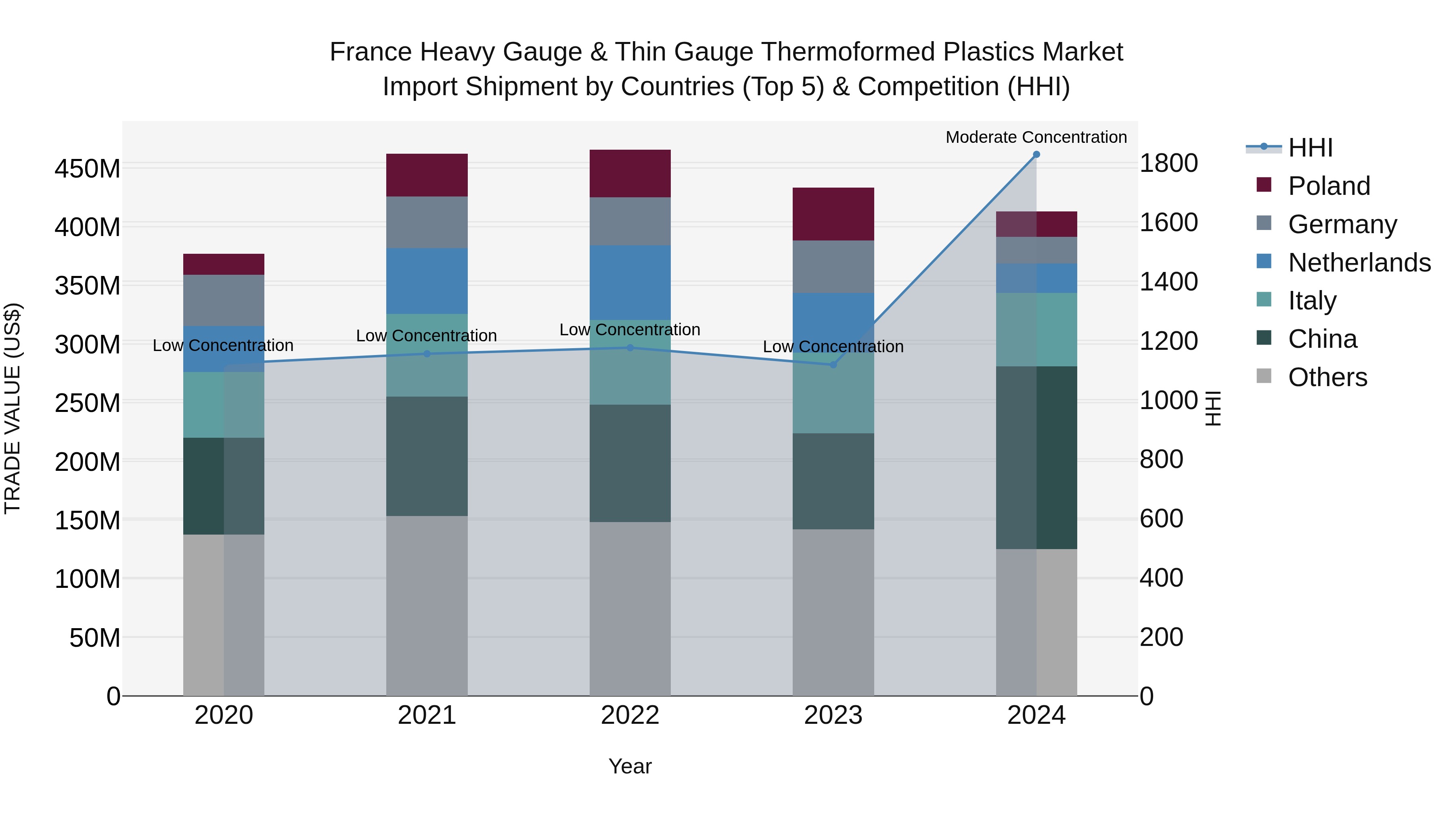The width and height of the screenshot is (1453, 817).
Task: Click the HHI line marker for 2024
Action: point(1036,155)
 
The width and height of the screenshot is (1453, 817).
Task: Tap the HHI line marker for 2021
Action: point(427,354)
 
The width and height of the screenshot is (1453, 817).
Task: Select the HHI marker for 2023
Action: point(833,365)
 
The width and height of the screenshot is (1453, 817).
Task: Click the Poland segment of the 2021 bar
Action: point(427,175)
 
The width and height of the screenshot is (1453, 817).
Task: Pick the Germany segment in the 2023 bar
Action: point(833,267)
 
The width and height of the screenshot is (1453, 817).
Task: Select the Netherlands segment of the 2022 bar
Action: point(630,282)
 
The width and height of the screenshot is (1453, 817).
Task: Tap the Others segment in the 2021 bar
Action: point(427,606)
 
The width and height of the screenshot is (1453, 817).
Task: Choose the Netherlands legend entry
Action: point(1359,263)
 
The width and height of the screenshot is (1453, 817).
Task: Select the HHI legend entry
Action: point(1310,148)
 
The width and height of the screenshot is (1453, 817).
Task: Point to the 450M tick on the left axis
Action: point(88,169)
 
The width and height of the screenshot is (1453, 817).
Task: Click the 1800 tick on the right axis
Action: point(1168,163)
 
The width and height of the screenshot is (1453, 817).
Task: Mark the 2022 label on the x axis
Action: point(630,715)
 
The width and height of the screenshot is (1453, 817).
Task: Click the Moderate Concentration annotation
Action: point(1036,137)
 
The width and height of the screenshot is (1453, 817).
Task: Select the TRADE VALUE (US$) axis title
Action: point(13,408)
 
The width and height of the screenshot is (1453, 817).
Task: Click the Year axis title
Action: point(630,766)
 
